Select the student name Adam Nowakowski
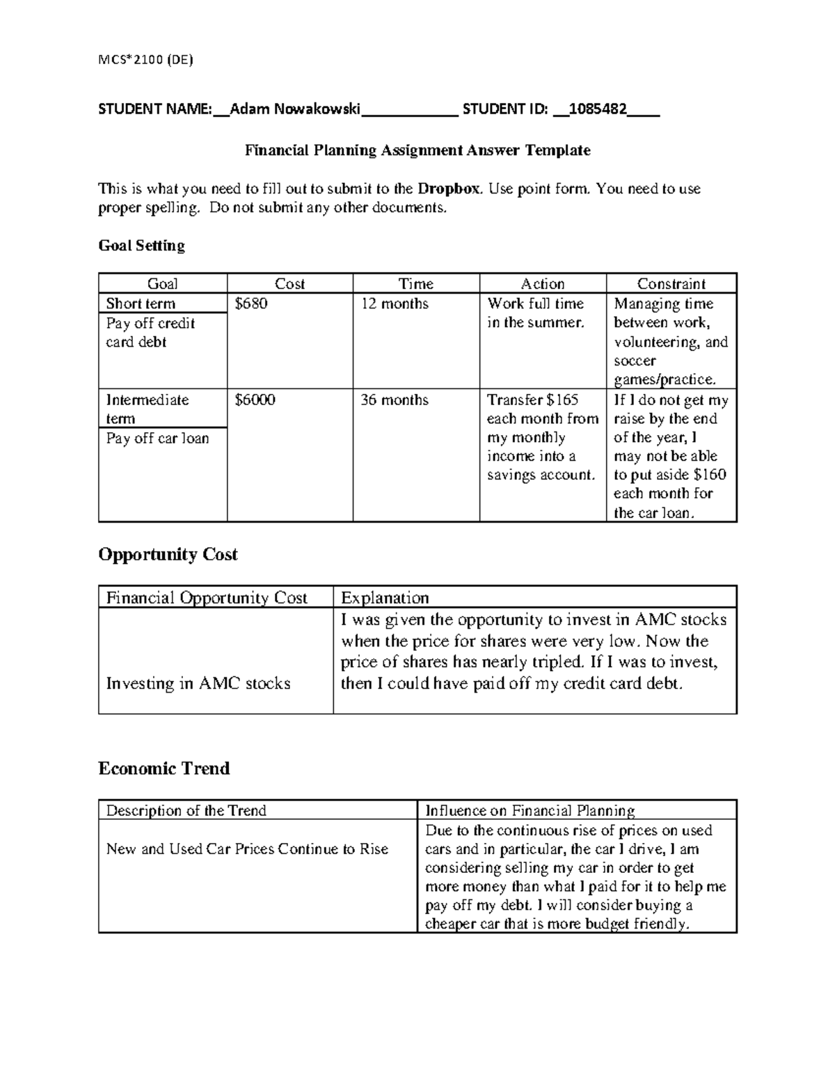[x=295, y=109]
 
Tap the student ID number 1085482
[x=597, y=109]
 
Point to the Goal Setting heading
[x=141, y=246]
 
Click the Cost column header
[x=289, y=283]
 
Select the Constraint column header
[x=671, y=283]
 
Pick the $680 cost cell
[x=251, y=303]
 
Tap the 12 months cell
[x=394, y=303]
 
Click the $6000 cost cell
[x=255, y=400]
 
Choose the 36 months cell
[x=394, y=400]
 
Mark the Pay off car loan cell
[x=157, y=438]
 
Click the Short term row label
[x=141, y=303]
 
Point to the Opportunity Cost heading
[x=168, y=555]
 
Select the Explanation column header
[x=384, y=598]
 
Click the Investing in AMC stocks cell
[x=198, y=683]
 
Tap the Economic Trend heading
[x=164, y=768]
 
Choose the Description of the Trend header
[x=186, y=810]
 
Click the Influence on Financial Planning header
[x=530, y=810]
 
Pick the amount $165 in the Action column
[x=562, y=400]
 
